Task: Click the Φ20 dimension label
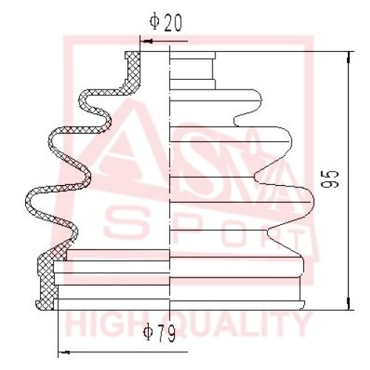click(x=166, y=22)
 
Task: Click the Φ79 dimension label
click(x=159, y=332)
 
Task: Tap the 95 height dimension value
click(x=331, y=179)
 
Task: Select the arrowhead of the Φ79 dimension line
click(x=64, y=352)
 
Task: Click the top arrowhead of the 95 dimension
click(x=349, y=57)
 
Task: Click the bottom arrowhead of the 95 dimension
click(x=349, y=304)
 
